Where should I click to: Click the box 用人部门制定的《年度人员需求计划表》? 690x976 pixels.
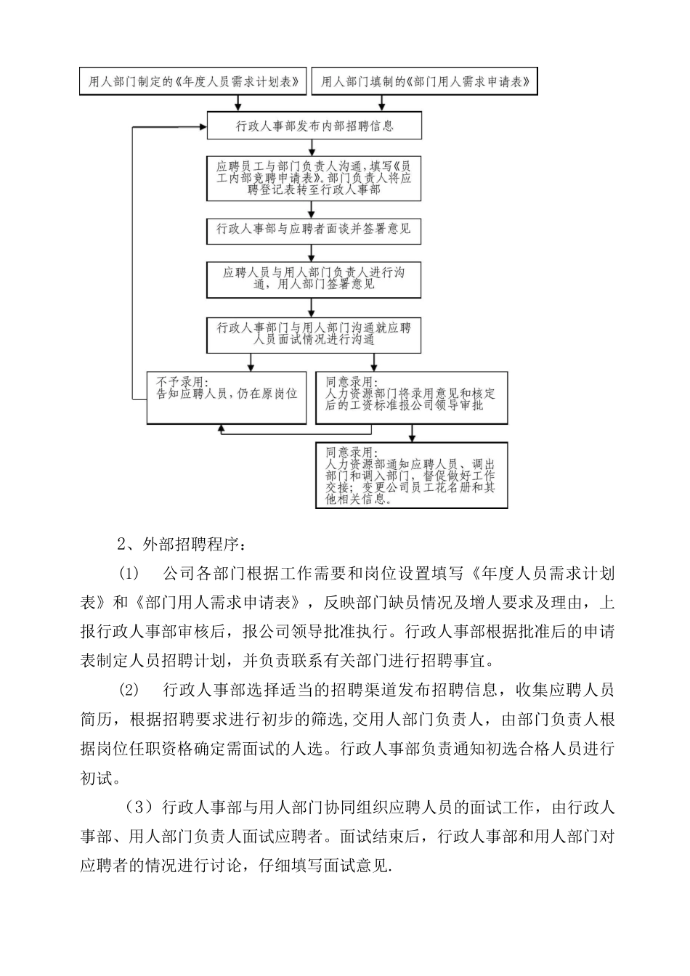point(193,82)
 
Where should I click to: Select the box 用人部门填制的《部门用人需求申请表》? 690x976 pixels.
point(425,82)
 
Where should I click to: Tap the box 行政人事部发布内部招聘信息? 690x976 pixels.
point(314,126)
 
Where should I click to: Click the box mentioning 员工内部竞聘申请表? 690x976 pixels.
point(314,177)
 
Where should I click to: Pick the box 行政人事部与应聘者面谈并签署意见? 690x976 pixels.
point(314,229)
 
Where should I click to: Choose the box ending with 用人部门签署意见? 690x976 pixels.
point(314,278)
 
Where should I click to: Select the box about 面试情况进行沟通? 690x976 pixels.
point(314,333)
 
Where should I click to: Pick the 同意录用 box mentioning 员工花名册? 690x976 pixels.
point(411,473)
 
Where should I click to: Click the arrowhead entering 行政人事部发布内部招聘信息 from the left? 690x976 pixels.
point(203,126)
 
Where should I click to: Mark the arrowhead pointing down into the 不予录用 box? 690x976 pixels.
point(251,367)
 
